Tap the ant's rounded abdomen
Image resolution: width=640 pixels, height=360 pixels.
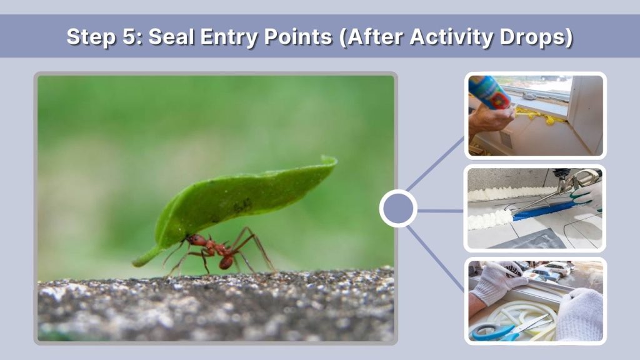[x=226, y=262]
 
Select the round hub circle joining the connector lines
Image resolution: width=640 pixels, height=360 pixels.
[x=398, y=208]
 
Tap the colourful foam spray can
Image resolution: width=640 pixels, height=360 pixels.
[x=489, y=92]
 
